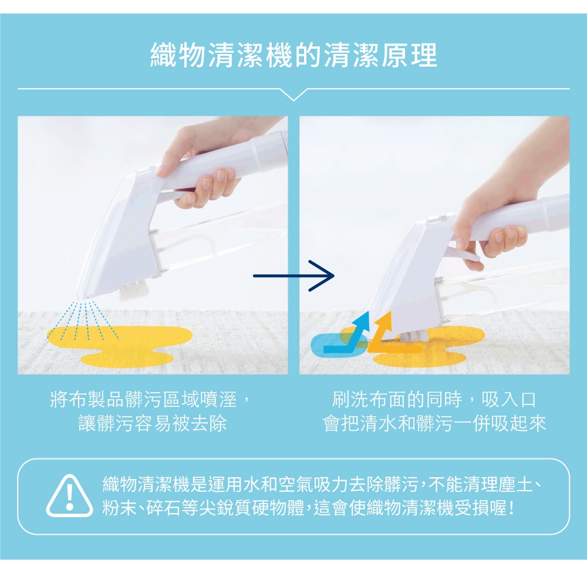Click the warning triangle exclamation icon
[70, 496]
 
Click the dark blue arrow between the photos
[293, 275]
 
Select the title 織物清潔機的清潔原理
[293, 56]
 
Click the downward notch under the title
[293, 94]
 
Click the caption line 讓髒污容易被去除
[153, 423]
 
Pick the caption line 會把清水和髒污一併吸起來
[434, 423]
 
